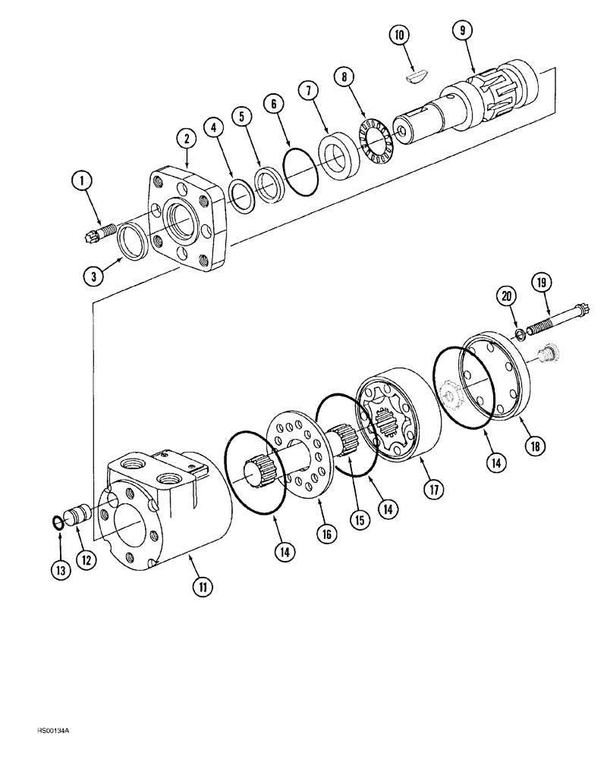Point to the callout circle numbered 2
(x=186, y=138)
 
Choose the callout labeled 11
(x=204, y=586)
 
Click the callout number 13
(x=63, y=568)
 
